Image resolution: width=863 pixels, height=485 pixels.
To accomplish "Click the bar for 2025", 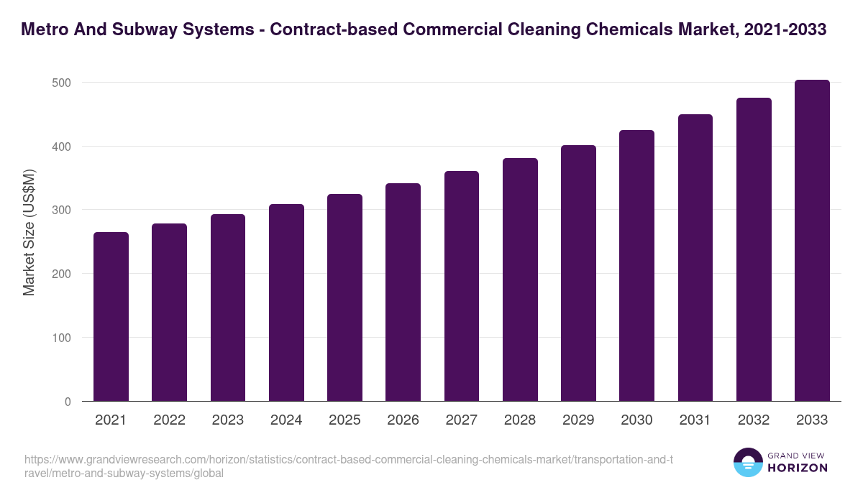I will point(344,297).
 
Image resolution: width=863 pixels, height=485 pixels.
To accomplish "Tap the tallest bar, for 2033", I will point(812,241).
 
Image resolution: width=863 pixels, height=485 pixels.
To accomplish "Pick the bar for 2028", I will point(520,280).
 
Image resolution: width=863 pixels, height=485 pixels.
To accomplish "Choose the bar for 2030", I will point(636,266).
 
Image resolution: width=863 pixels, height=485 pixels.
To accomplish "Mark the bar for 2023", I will point(228,308).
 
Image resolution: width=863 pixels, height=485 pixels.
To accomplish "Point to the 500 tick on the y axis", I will point(63,83).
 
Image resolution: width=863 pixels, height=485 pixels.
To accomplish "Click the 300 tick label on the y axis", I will point(63,210).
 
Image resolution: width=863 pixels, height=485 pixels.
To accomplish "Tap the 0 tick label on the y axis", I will point(68,402).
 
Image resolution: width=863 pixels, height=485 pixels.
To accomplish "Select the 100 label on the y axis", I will point(63,338).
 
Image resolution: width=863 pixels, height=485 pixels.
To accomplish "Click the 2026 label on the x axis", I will point(403,420).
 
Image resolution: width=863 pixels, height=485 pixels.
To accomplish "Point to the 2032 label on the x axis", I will point(754,420).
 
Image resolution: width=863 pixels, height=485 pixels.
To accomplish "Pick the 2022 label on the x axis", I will point(169,420).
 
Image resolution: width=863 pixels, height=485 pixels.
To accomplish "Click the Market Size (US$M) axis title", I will point(29,234).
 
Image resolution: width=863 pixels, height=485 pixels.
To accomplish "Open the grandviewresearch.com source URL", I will point(349,466).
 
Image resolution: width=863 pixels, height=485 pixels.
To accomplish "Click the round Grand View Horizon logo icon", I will point(747,462).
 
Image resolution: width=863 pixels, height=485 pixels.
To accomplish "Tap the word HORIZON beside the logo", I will point(798,468).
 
